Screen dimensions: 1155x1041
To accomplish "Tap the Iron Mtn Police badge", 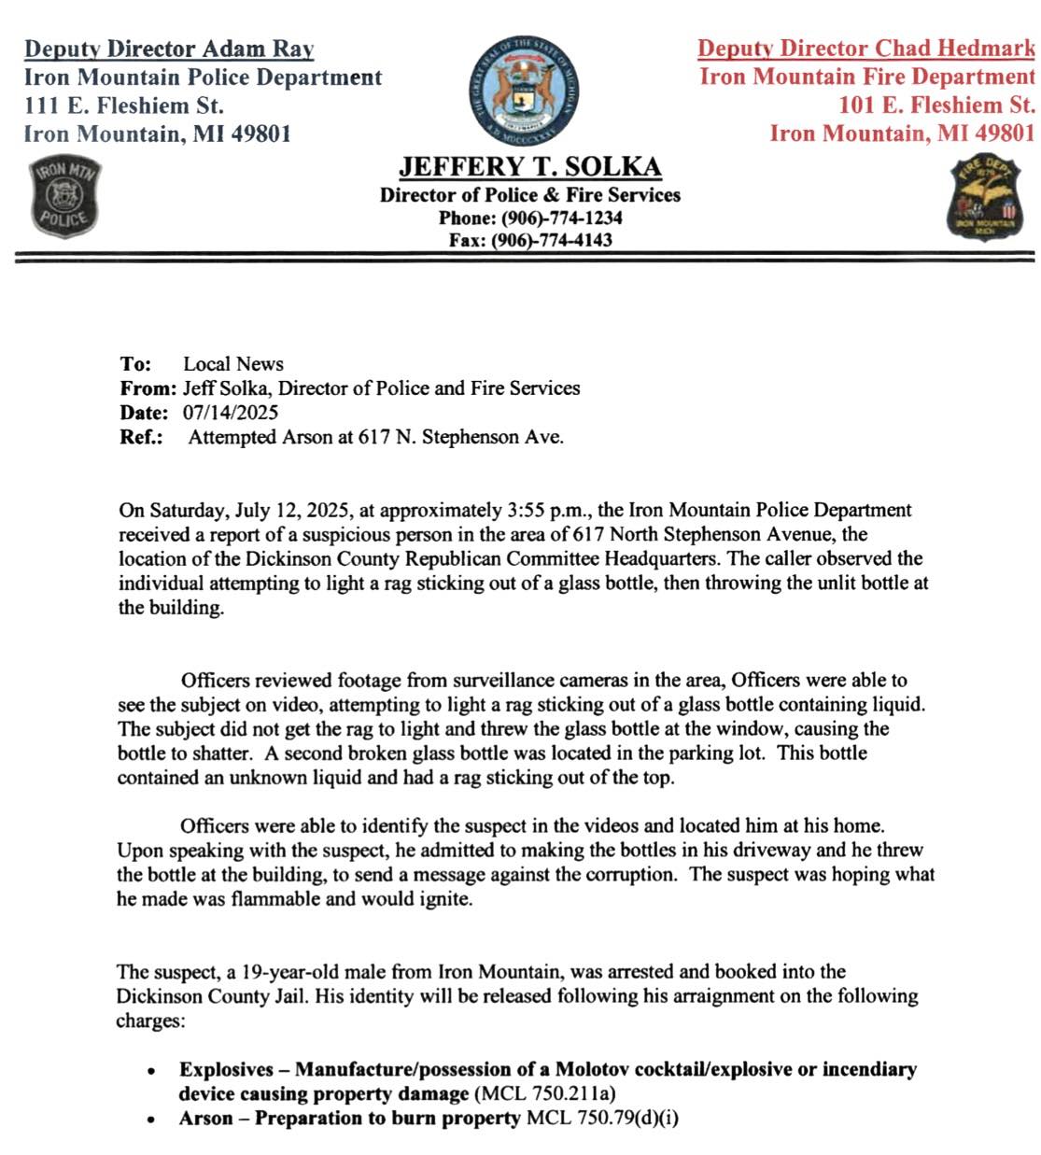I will tap(64, 199).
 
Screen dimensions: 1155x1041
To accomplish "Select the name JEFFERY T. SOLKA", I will tap(529, 167).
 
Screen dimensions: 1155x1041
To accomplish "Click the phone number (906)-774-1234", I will tap(562, 218).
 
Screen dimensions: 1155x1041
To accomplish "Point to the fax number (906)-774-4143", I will tap(552, 240).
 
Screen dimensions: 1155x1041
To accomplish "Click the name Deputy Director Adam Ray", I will tap(169, 49).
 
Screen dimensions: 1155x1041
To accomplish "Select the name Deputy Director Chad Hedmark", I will tap(865, 49).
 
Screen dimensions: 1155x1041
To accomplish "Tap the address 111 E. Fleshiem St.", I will tap(123, 106).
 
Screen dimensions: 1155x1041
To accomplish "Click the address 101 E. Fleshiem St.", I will tap(936, 105).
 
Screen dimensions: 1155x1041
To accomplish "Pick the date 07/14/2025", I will tap(231, 412).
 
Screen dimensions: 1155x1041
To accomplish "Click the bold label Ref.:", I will tap(141, 437).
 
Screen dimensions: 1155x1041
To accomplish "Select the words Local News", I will tap(233, 364).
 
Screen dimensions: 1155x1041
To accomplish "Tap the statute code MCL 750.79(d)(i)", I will tap(602, 1118).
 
